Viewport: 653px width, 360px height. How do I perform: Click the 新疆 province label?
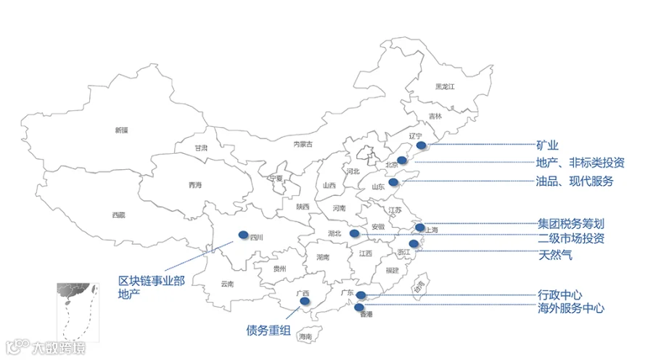120,130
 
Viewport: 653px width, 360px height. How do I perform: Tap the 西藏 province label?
118,215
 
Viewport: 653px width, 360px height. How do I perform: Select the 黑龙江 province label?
444,86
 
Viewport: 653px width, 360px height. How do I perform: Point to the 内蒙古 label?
303,144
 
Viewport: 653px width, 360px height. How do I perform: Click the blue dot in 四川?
242,234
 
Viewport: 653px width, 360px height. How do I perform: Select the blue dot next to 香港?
359,307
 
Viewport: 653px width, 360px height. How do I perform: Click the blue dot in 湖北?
354,233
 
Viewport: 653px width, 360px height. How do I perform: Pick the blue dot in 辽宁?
422,145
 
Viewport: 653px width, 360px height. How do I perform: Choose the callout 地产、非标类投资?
580,163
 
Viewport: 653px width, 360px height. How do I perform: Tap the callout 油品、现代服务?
575,181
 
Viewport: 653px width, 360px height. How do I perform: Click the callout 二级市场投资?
571,239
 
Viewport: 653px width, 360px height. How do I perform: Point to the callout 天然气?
555,255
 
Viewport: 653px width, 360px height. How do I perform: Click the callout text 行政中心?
559,295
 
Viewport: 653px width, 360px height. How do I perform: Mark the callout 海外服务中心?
571,308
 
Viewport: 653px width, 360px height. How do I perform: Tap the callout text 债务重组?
268,332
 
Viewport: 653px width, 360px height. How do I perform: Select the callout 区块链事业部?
151,281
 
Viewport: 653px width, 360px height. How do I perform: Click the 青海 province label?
195,185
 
